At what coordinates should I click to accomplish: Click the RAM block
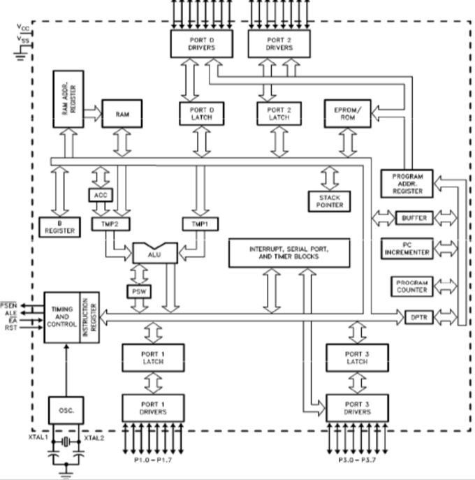pos(121,113)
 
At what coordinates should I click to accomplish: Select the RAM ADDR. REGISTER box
pos(68,99)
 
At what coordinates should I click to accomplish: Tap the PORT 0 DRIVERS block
pos(201,45)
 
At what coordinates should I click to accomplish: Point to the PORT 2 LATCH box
pos(279,113)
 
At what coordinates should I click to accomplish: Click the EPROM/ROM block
pos(346,113)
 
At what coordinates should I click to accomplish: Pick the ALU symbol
pos(155,253)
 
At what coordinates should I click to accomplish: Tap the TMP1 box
pos(200,224)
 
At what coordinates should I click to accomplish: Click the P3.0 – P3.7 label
pos(356,461)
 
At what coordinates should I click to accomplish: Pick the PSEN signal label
pos(10,306)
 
